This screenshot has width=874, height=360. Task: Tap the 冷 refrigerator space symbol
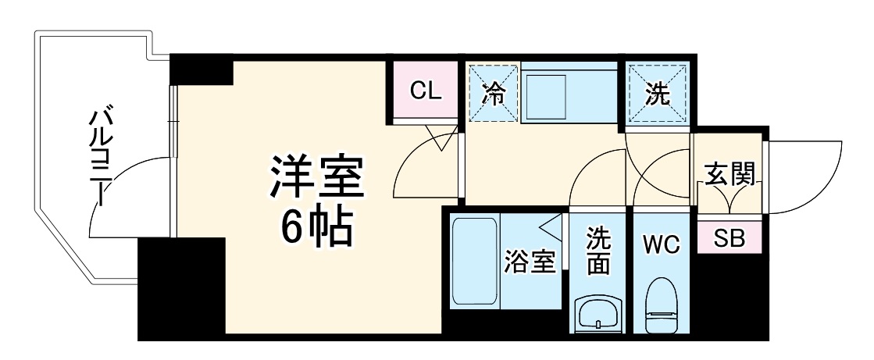tap(492, 93)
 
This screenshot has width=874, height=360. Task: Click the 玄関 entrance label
tap(730, 174)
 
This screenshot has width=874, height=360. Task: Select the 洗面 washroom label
tap(598, 249)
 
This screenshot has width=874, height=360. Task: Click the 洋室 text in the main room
tap(316, 177)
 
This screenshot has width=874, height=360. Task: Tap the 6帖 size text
tap(316, 227)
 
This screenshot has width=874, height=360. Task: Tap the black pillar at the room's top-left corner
tap(202, 70)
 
